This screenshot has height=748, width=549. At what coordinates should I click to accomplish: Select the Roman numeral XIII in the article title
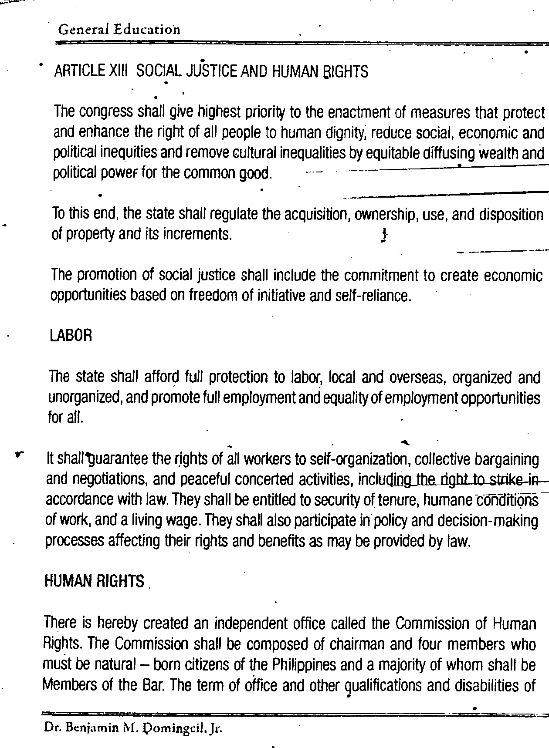[116, 71]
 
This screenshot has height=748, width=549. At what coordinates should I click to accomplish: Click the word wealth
[498, 153]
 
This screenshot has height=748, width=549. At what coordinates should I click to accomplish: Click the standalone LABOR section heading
[71, 336]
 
